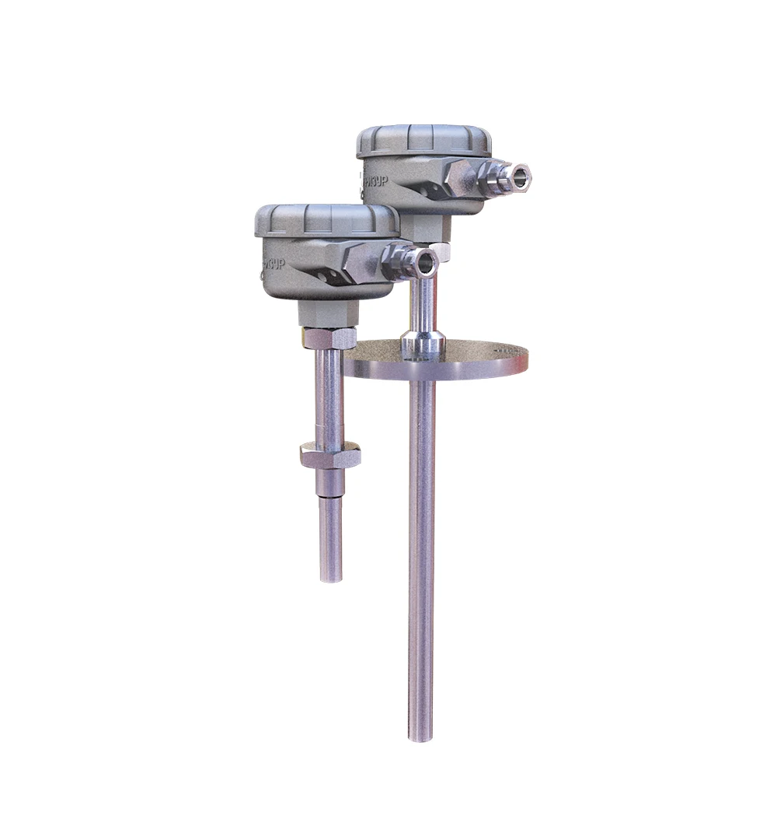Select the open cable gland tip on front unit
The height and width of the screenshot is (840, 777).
point(425,262)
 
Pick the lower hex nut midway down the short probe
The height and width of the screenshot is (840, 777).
point(329,454)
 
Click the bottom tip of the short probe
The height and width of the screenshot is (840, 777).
point(331,577)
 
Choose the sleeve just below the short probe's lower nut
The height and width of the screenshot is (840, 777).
point(329,484)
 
